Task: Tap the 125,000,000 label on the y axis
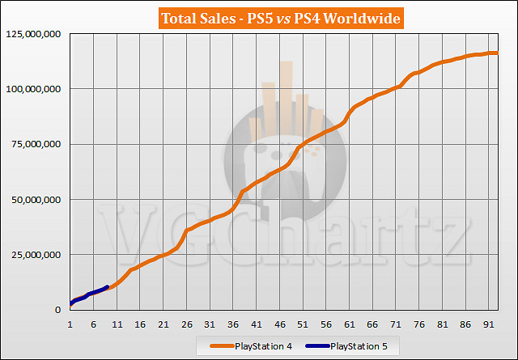click(x=33, y=34)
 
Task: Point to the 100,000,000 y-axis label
click(x=33, y=89)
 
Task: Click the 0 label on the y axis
click(x=59, y=310)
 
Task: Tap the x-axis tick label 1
click(x=70, y=324)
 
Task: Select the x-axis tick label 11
click(x=117, y=324)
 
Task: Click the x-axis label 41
click(x=257, y=324)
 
